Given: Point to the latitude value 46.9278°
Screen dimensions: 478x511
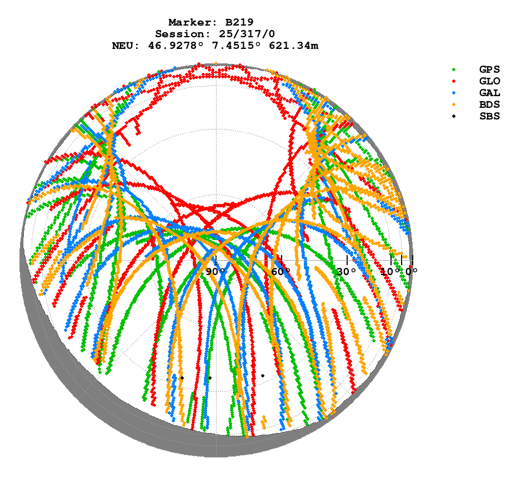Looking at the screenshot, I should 172,46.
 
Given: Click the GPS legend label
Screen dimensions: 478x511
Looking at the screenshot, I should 489,69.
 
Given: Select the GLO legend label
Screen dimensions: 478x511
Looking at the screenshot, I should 489,81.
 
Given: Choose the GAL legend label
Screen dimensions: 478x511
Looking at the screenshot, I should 489,93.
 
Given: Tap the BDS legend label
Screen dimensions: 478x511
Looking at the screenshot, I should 489,104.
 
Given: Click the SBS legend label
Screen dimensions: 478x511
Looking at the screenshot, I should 489,116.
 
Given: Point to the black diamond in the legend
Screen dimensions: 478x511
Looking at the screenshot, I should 454,116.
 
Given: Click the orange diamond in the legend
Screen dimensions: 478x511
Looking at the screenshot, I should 454,104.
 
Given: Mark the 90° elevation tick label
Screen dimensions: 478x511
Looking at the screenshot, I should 216,272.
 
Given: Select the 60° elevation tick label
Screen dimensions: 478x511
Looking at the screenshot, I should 281,272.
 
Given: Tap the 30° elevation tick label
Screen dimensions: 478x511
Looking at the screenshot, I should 347,272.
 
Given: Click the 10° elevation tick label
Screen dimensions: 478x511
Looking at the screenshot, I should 391,272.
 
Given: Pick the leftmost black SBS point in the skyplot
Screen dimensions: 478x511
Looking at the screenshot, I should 182,378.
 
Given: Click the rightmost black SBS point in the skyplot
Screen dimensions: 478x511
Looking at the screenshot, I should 263,376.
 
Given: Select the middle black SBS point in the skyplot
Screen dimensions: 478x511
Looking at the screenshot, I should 210,378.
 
